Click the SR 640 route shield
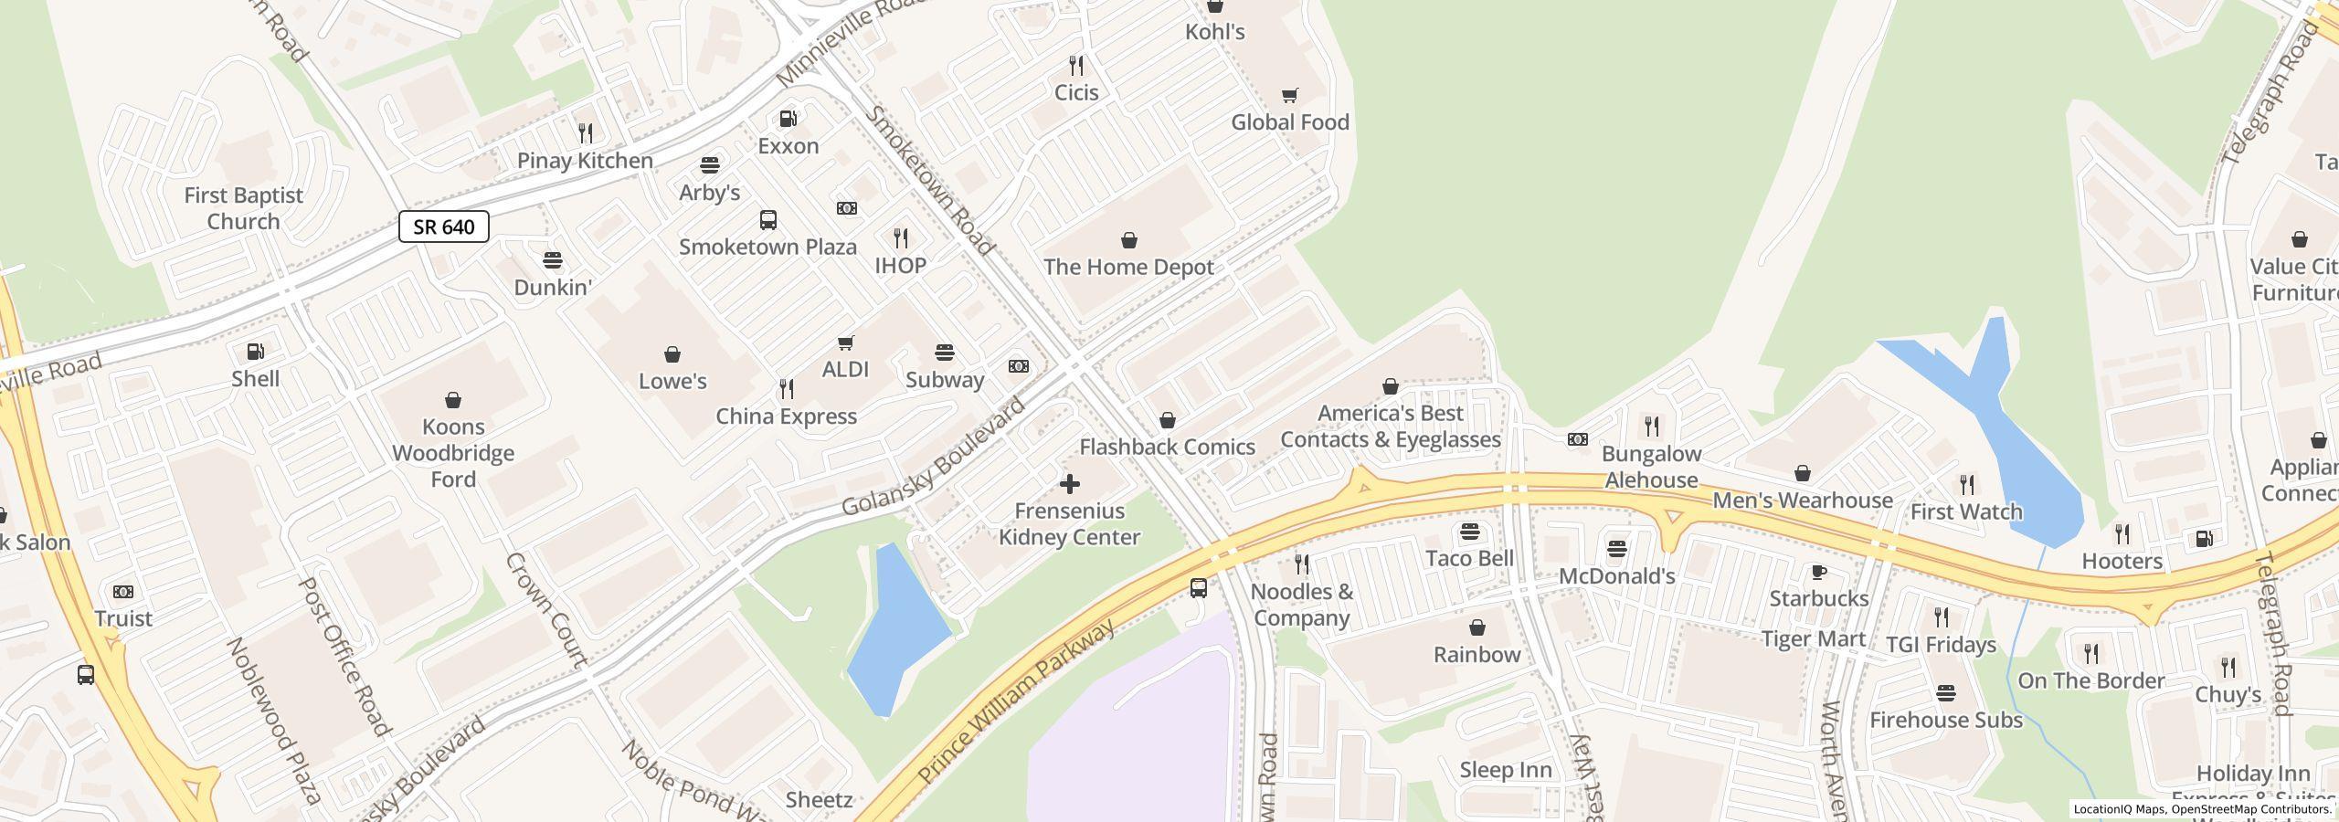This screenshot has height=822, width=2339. pos(443,227)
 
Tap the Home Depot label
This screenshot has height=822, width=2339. pos(1128,267)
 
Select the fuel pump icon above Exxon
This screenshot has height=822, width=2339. pos(788,119)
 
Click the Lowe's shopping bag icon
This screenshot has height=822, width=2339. pos(672,354)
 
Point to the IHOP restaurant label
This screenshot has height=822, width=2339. pos(900,265)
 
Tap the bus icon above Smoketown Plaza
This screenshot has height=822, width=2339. pos(768,220)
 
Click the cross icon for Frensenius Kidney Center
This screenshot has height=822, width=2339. pos(1069,484)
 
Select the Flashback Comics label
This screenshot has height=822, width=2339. pos(1167,447)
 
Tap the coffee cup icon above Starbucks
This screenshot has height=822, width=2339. pos(1818,573)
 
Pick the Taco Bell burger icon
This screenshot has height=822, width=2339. pos(1469,532)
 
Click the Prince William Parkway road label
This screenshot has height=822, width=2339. pos(1016,703)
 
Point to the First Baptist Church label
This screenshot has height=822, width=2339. pos(243,208)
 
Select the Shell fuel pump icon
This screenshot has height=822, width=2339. pos(256,352)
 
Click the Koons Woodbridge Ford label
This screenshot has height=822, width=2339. pos(453,453)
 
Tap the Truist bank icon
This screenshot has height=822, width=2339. pos(122,592)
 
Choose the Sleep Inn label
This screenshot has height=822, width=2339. pos(1505,770)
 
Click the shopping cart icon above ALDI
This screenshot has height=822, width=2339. pos(845,342)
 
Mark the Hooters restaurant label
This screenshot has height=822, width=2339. pos(2122,561)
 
